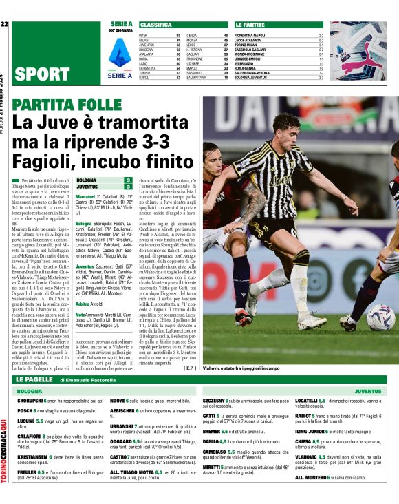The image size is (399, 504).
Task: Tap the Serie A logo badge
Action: tap(122, 51)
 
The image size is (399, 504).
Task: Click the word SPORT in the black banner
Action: tap(41, 74)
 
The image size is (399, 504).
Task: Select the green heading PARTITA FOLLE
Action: tap(67, 104)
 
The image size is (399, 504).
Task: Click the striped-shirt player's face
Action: tap(284, 129)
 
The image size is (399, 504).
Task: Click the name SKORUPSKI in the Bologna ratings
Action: tap(30, 399)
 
